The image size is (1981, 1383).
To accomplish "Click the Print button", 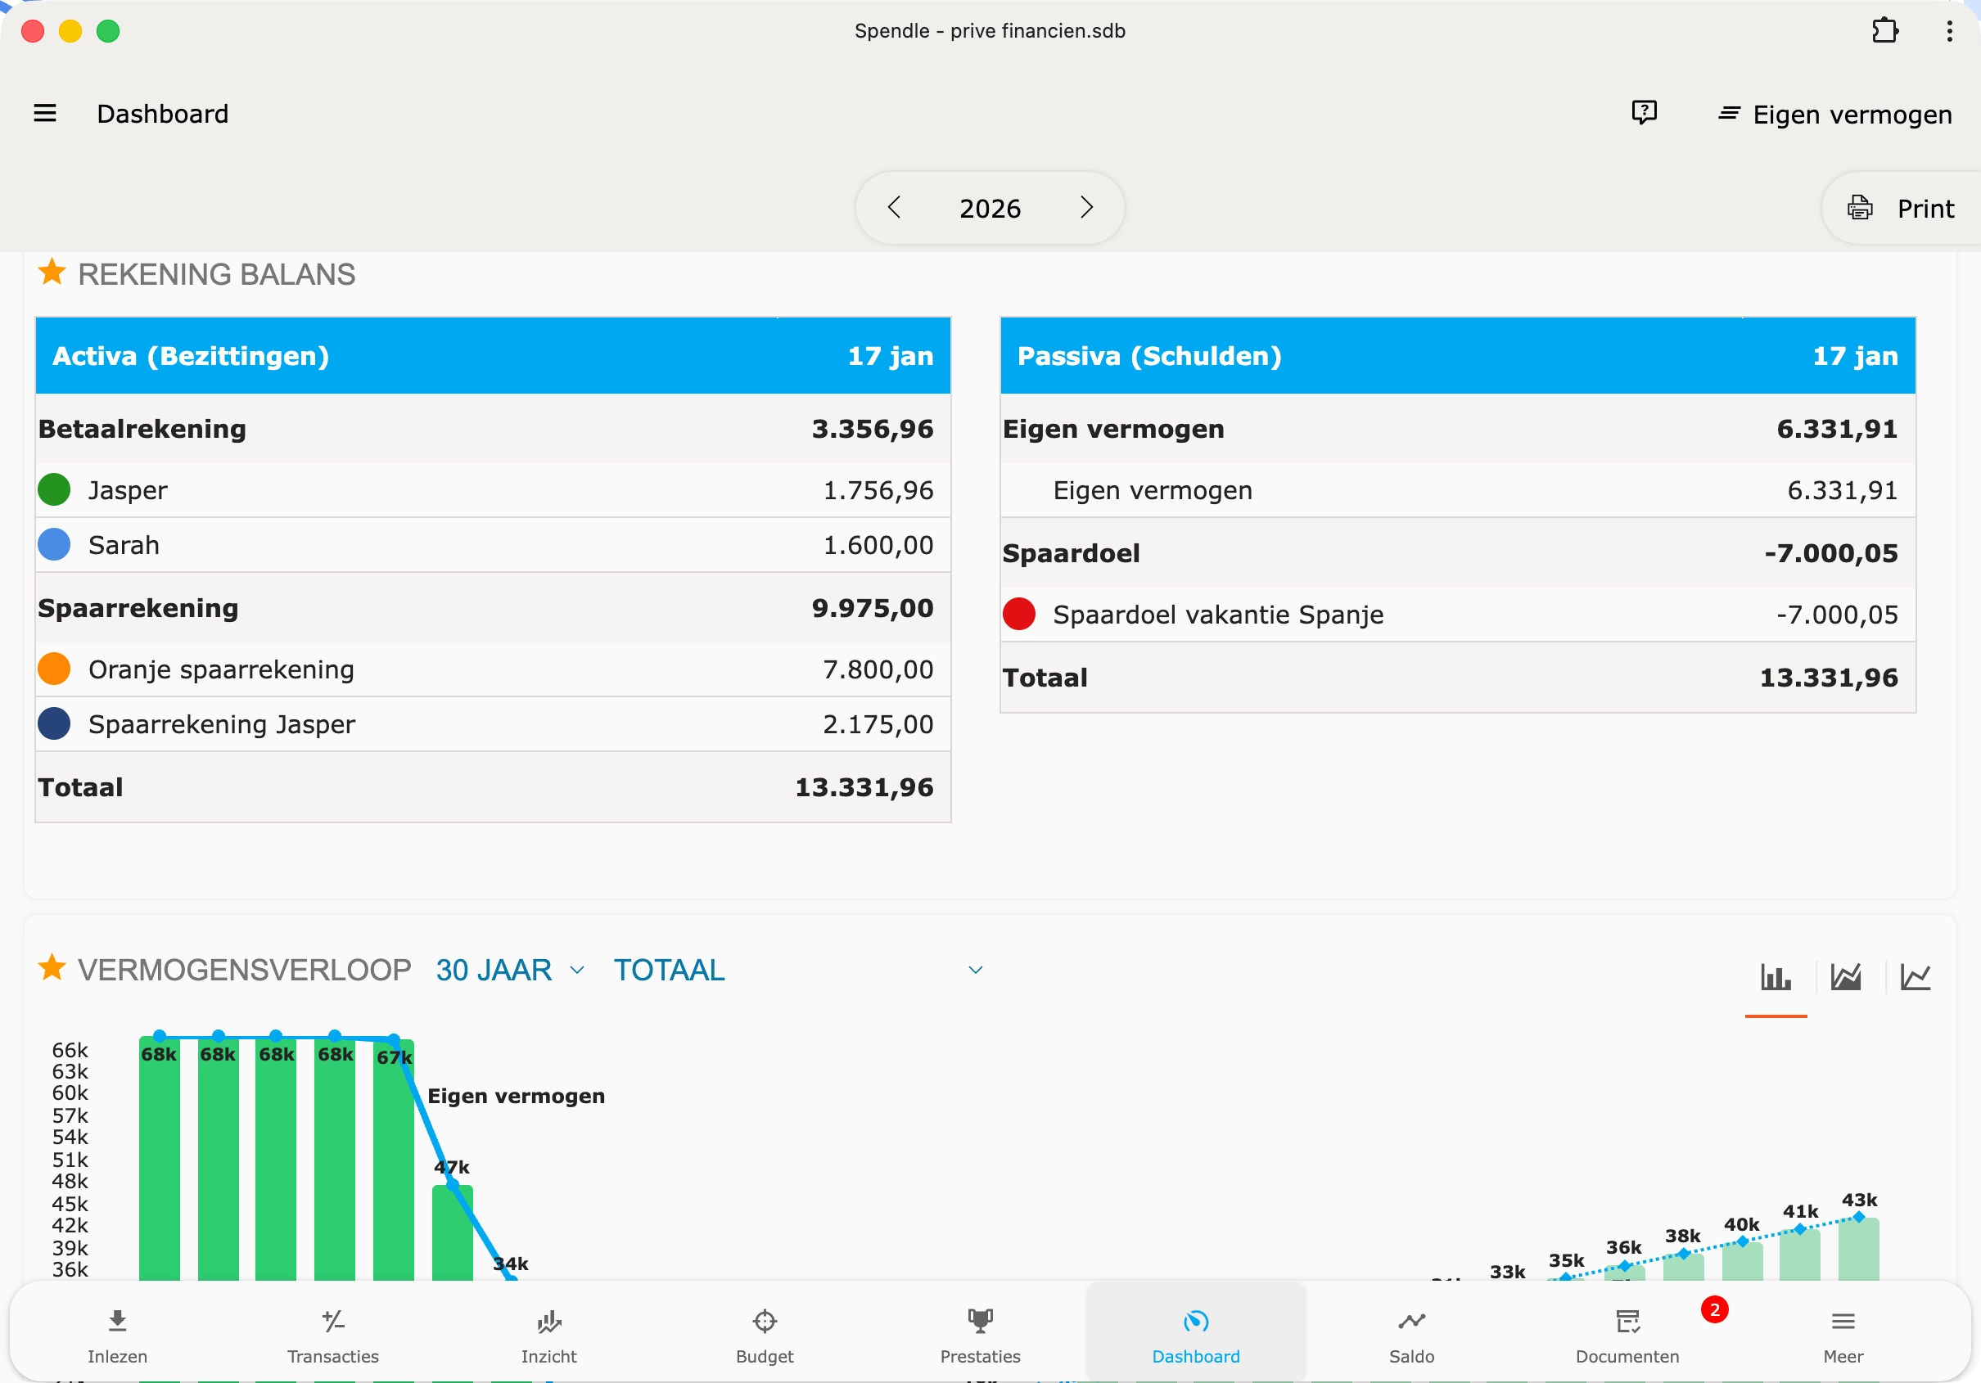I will point(1902,209).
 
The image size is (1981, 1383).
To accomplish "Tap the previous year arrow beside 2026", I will point(894,208).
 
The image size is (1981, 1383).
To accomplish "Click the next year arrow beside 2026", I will point(1086,208).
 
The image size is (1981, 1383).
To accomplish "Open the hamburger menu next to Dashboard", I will point(45,113).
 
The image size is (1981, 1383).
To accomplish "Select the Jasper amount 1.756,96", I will point(878,490).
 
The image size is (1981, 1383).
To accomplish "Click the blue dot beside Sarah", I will point(54,544).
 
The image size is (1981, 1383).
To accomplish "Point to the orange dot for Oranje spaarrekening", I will point(54,669).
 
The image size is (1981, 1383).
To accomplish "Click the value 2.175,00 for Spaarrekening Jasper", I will point(878,724).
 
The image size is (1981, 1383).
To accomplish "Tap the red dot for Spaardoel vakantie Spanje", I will point(1019,615).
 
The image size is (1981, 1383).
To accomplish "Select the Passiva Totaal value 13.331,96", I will point(1828,678).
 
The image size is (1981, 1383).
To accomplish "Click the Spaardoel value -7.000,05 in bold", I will point(1831,553).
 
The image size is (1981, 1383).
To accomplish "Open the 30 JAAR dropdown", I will point(510,970).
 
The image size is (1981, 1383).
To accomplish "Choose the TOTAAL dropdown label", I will point(669,970).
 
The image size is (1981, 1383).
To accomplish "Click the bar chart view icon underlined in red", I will point(1775,976).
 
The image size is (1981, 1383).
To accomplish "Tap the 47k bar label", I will point(451,1167).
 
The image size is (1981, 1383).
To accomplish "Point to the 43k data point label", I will point(1858,1200).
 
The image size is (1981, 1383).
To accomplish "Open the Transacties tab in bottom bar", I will point(333,1334).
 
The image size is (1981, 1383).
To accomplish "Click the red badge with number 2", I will point(1713,1309).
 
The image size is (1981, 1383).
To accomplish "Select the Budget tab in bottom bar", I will point(765,1334).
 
